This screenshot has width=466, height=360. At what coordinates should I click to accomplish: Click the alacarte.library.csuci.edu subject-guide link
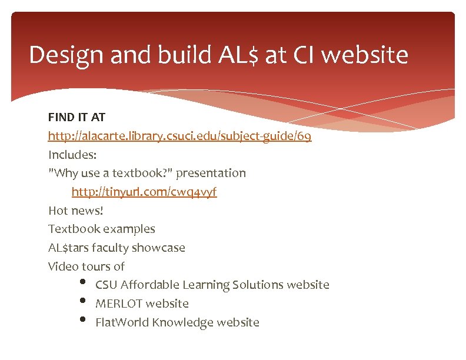point(179,136)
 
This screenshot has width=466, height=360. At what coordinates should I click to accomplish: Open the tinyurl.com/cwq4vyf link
point(144,192)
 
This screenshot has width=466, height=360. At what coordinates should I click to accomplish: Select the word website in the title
point(364,56)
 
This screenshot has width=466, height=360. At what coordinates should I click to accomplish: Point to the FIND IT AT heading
point(76,118)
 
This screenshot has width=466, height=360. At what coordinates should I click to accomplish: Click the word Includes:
point(72,155)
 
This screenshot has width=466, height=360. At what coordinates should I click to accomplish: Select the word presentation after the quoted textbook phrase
point(211,174)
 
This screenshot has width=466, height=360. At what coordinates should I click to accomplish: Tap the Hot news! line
point(75,211)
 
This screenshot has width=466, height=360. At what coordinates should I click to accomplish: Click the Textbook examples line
point(101,229)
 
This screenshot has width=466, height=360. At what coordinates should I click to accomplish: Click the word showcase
point(160,248)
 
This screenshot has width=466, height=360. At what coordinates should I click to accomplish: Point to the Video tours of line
point(86,266)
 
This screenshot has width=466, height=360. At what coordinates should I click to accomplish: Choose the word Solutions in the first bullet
point(258,285)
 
